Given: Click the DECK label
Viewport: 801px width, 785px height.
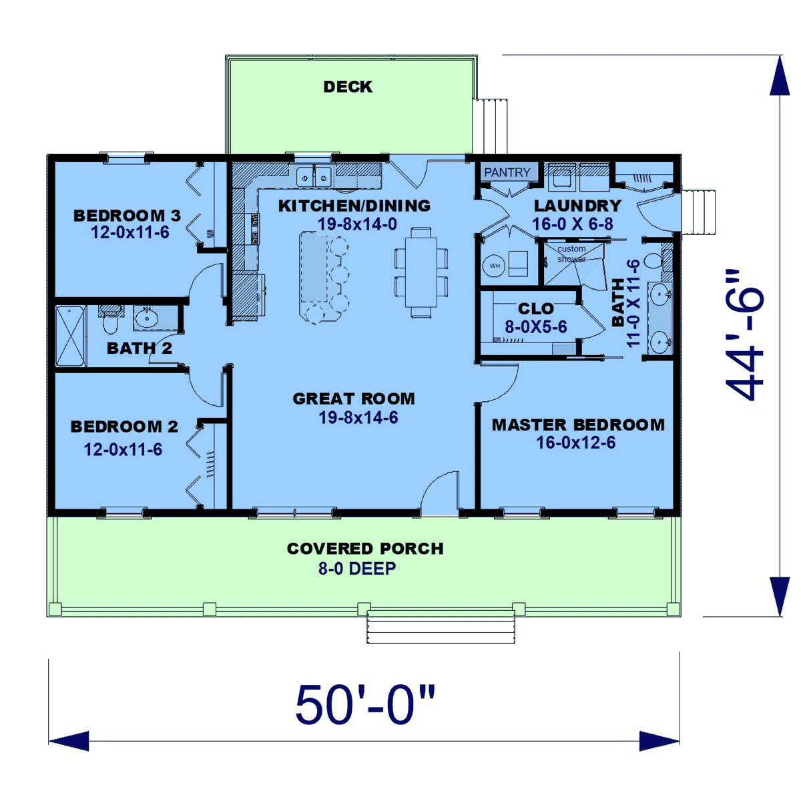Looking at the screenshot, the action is (348, 87).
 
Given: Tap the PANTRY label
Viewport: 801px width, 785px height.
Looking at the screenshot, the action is (507, 172).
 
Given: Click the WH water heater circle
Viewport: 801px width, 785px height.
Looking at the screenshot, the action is (495, 266).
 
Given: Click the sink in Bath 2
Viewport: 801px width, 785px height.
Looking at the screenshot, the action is (146, 318).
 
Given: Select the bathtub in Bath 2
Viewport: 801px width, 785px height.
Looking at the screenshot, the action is (71, 336).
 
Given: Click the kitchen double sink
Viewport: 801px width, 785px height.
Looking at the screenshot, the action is (314, 177).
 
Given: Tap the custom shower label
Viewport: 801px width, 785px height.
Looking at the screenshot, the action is (571, 254).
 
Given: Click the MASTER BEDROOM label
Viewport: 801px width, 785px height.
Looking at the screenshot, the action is (578, 425).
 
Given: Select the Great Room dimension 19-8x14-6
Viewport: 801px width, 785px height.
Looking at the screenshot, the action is (358, 417).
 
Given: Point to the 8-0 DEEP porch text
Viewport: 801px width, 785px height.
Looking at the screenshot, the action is (357, 568).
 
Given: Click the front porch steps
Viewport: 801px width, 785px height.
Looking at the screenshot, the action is (441, 627).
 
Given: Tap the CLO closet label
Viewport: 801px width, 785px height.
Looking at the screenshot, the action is (536, 308).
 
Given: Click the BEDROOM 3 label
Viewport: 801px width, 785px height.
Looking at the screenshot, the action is (127, 216).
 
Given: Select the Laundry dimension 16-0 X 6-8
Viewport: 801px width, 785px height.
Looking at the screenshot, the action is (573, 224).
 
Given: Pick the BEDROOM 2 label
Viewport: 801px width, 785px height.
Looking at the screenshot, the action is (124, 427).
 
